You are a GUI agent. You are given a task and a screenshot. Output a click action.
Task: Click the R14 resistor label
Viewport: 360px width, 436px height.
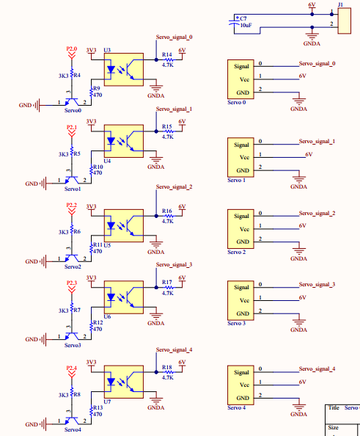click(x=167, y=55)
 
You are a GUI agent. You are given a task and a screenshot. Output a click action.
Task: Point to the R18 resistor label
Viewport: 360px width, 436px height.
click(x=167, y=366)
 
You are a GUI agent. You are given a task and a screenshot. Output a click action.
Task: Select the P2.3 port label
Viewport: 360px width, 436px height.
click(x=71, y=282)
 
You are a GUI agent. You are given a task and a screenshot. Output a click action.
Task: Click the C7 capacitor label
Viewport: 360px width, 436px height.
click(x=243, y=18)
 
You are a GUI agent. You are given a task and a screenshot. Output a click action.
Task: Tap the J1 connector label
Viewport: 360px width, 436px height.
click(x=340, y=4)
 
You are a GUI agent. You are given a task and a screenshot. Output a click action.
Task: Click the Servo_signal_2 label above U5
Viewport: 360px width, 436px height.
click(x=174, y=187)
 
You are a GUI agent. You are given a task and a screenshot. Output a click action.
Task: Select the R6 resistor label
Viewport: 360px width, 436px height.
click(x=76, y=231)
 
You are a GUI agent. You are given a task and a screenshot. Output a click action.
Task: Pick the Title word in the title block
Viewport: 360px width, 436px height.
click(x=334, y=407)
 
